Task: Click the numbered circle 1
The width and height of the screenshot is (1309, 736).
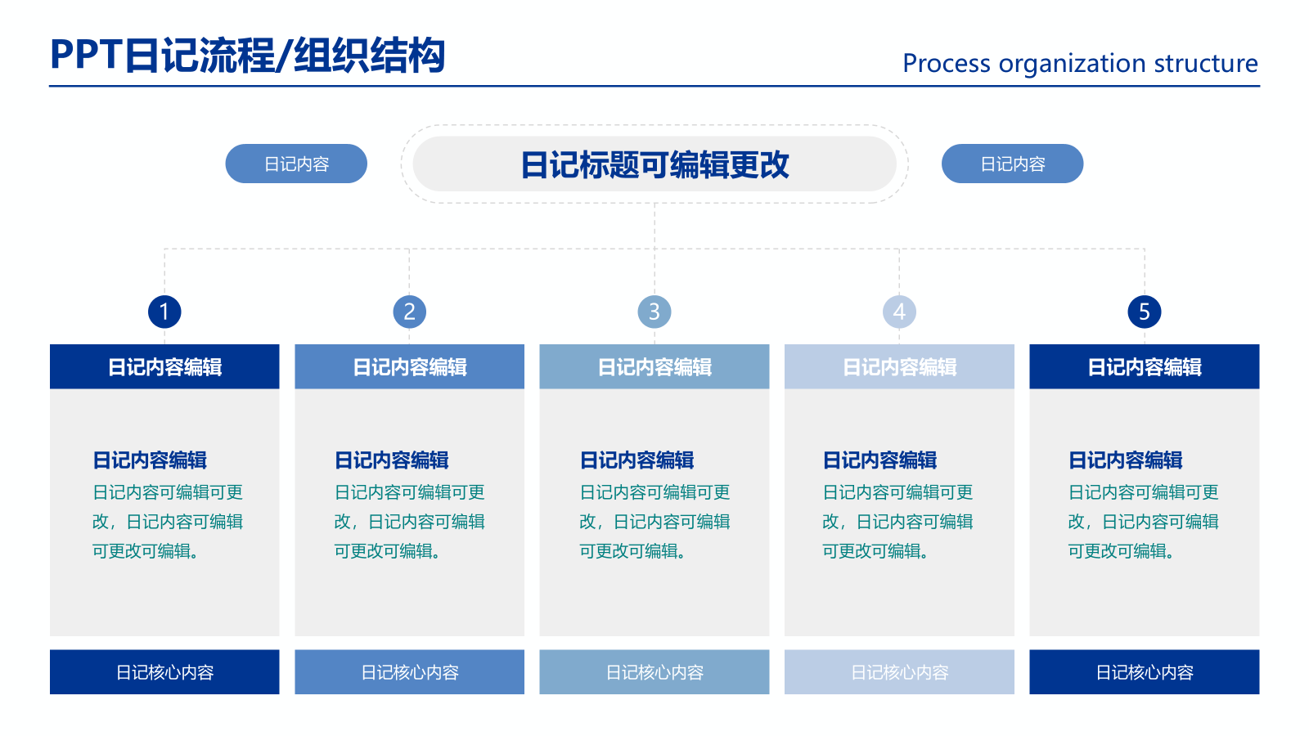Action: [164, 312]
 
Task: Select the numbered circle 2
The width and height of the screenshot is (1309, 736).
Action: [409, 312]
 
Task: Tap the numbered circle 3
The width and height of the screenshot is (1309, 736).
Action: [654, 312]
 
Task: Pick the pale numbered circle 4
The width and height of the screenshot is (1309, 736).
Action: [899, 312]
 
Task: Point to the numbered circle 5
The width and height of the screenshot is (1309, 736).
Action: [1144, 312]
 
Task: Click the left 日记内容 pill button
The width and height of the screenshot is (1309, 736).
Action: [296, 164]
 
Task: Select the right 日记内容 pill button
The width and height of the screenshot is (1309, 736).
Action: [1012, 164]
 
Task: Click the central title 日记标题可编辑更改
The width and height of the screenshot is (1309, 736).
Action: [654, 164]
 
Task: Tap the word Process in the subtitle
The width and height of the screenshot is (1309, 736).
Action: [946, 63]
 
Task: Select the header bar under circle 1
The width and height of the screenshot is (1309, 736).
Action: [164, 366]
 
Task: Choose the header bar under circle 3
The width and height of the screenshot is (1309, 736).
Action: [654, 366]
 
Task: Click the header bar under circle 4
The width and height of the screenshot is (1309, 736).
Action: [899, 366]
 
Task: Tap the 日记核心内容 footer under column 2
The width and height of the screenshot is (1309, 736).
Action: [409, 672]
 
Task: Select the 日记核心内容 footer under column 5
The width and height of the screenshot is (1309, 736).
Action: [1144, 672]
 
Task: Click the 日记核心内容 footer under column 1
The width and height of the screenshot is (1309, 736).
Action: [164, 672]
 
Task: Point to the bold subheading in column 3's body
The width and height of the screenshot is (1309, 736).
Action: [637, 460]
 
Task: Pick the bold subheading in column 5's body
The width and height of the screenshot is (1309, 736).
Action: [1125, 460]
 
